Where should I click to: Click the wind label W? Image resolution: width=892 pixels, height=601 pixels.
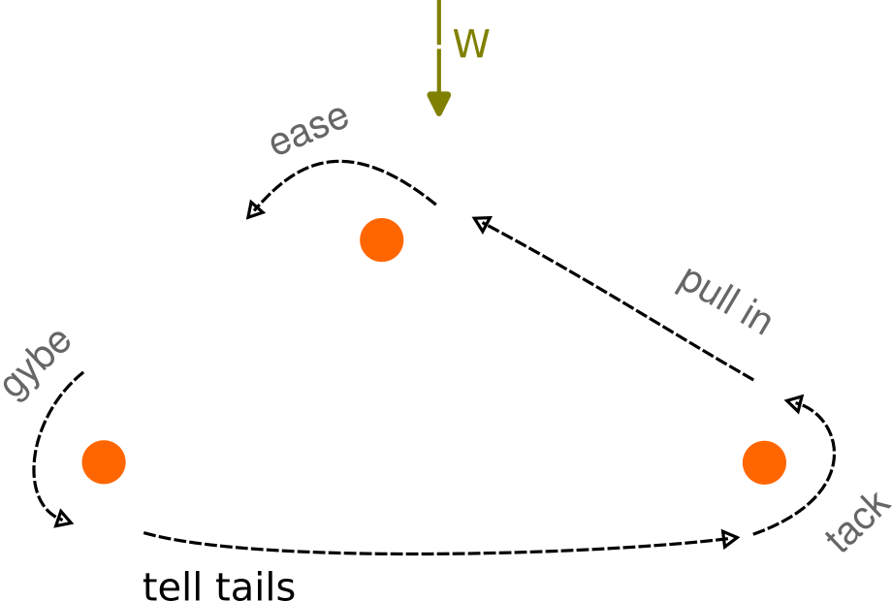coord(471,45)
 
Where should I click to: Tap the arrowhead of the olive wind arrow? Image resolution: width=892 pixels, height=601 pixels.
coord(439,103)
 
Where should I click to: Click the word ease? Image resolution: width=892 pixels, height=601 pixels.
coord(308,130)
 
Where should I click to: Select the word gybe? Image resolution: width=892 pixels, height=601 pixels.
coord(36,365)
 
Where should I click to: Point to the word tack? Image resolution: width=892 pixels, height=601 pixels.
coord(857,524)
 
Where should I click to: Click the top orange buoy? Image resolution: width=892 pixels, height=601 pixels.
coord(382,239)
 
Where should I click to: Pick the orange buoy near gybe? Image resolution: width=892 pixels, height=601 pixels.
coord(104,461)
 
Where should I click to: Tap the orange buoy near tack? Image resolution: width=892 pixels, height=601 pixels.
coord(764,462)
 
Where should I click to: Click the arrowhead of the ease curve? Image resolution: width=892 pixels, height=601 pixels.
coord(255,209)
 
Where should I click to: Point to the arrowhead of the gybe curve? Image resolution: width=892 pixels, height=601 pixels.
coord(64,521)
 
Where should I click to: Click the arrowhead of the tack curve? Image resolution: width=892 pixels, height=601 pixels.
coord(795,403)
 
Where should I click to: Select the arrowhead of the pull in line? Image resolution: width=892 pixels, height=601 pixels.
coord(481,225)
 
